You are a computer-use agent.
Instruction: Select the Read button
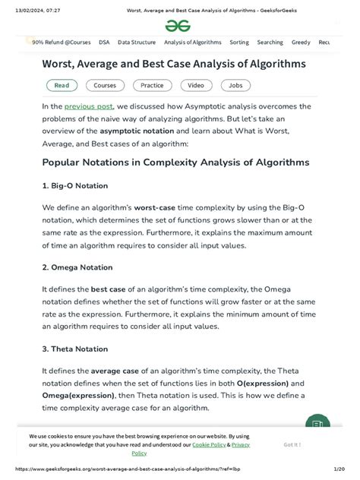tap(62, 86)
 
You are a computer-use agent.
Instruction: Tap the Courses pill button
tap(105, 86)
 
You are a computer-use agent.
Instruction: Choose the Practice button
tap(152, 86)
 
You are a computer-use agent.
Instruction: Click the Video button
tap(195, 86)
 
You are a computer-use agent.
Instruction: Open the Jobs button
tap(235, 86)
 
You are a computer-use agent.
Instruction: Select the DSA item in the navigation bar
tap(104, 43)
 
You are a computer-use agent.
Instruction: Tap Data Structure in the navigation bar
tap(137, 43)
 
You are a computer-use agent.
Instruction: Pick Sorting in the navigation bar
tap(239, 43)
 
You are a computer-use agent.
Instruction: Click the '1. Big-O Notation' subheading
tap(75, 185)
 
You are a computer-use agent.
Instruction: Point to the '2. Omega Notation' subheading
tap(77, 267)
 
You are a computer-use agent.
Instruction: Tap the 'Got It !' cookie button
tap(292, 445)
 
